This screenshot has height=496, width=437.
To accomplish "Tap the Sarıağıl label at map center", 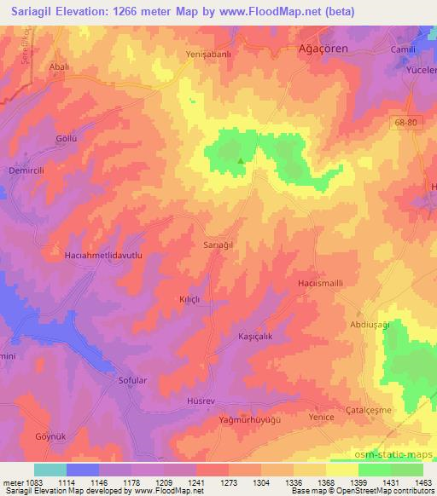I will point(218,245).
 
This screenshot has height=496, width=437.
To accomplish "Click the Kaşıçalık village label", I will point(254,337).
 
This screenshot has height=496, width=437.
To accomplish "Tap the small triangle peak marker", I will point(241,159).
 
